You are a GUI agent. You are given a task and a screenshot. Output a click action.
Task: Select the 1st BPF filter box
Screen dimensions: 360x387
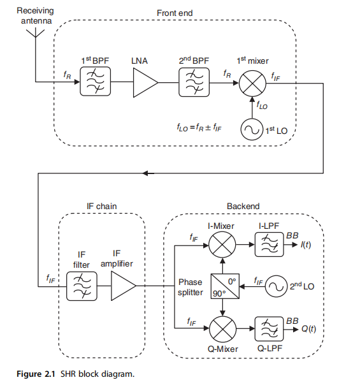point(95,82)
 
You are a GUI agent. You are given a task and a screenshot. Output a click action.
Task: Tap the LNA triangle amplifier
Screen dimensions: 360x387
point(145,82)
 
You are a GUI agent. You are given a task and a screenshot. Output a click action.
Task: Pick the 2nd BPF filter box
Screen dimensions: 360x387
point(194,82)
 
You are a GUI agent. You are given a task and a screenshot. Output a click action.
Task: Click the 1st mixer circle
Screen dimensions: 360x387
point(252,84)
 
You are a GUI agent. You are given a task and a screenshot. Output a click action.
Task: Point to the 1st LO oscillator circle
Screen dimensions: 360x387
point(252,129)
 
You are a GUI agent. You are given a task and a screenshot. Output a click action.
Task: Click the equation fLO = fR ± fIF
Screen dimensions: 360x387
point(199,128)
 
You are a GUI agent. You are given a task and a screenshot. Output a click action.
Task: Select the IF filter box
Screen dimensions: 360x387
point(82,286)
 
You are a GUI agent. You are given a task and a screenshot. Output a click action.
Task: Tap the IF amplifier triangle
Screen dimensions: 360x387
point(123,286)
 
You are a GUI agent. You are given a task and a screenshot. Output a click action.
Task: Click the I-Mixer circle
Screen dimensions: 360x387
point(222,245)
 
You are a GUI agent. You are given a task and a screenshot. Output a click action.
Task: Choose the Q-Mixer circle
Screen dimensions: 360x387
point(222,329)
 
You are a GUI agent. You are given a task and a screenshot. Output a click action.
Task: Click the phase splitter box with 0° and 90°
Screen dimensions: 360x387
point(225,286)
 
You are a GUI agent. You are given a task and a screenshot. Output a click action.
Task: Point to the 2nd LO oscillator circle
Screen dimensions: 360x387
point(276,286)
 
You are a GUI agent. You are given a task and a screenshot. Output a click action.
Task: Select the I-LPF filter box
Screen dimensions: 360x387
point(269,244)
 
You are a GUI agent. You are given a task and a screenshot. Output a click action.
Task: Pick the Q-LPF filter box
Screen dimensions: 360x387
point(269,329)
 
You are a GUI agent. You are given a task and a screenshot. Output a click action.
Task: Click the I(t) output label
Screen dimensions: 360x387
point(305,245)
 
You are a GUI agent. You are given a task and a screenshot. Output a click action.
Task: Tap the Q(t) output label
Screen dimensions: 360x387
point(308,329)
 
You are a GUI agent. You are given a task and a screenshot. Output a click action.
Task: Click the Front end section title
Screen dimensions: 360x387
point(175,13)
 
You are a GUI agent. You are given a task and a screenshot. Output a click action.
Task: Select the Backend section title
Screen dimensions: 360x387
point(243,206)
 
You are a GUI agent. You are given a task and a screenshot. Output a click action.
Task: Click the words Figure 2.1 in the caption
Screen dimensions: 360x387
point(36,374)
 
